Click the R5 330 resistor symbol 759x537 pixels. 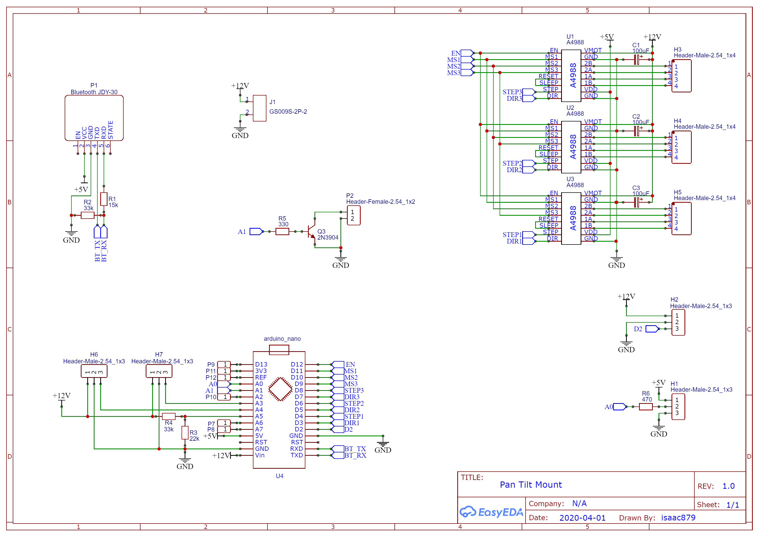tap(282, 232)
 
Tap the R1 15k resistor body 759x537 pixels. tap(104, 199)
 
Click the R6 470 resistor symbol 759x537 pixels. tap(646, 406)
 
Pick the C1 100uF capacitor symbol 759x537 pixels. tap(636, 59)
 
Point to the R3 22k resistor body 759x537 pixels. tap(185, 432)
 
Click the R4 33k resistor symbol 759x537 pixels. tap(169, 416)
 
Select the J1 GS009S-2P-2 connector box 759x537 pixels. tap(260, 108)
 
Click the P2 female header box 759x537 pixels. tap(354, 215)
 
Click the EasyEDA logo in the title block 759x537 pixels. tap(491, 512)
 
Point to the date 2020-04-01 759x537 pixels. tap(582, 518)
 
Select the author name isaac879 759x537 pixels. tap(678, 518)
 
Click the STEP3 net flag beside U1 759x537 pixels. tap(529, 92)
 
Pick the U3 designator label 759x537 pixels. tap(570, 179)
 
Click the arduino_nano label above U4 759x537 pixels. tap(282, 339)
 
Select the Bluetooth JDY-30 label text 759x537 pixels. tap(94, 92)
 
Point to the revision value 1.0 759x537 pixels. tap(728, 486)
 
